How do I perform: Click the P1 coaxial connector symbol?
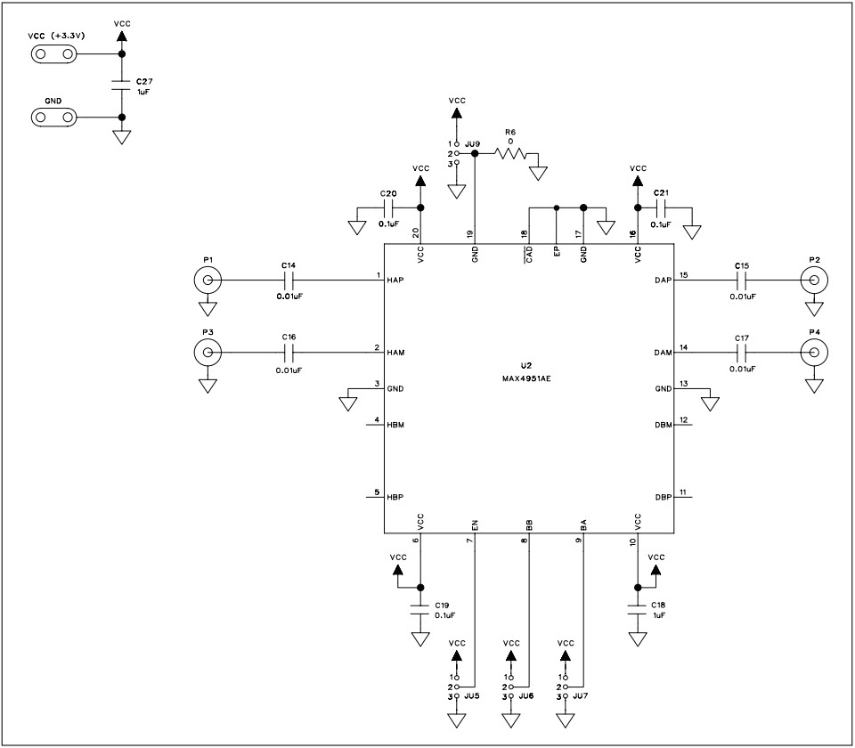(208, 281)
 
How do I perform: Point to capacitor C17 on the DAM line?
(742, 354)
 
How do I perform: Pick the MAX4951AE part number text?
(527, 378)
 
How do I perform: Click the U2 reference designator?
(526, 365)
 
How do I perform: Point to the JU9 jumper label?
(473, 143)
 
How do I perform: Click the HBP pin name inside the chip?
(396, 496)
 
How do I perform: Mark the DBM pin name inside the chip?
(663, 424)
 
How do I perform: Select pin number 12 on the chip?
(683, 419)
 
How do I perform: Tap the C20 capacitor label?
(387, 193)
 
